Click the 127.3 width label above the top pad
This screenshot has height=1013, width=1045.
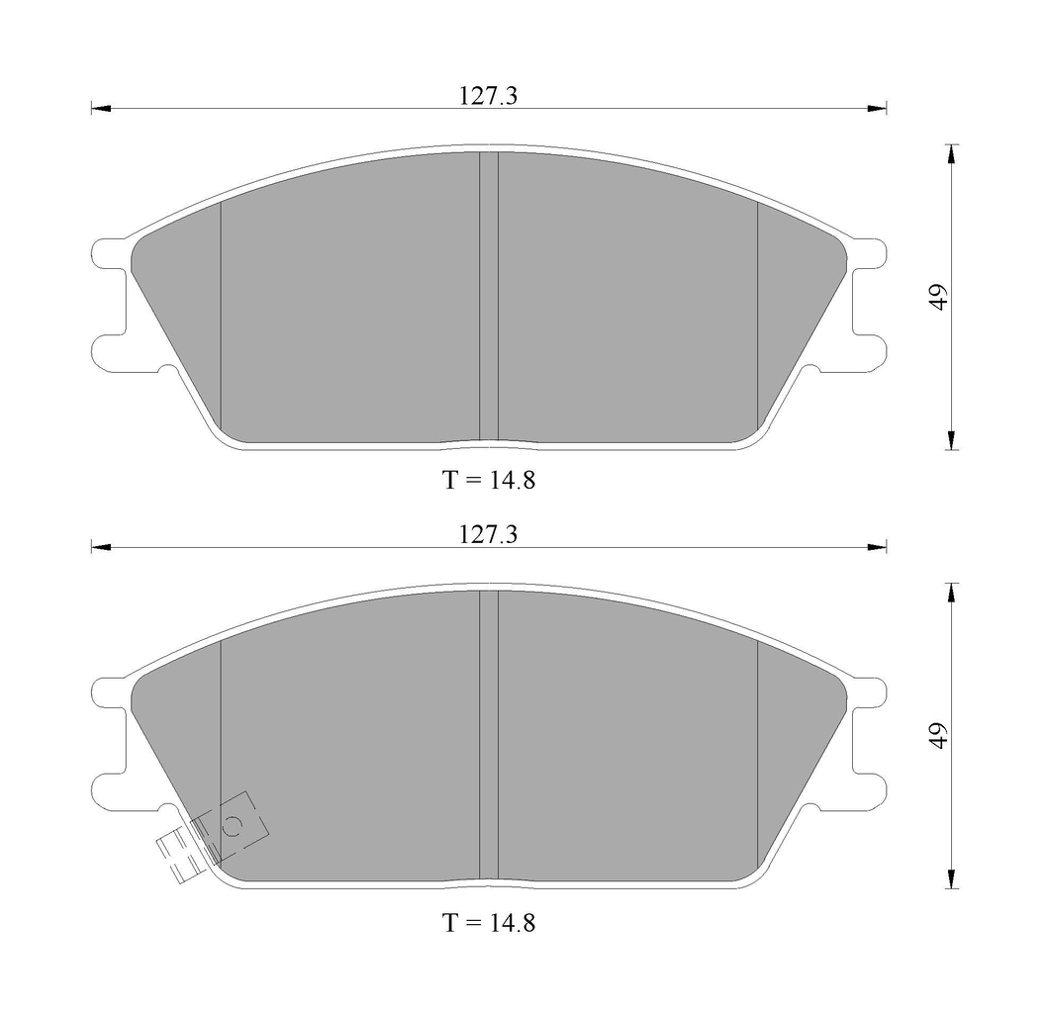point(489,96)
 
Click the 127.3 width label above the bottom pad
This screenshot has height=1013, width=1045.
point(489,534)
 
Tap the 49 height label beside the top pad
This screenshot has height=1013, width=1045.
point(938,297)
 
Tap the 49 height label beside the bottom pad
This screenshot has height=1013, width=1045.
point(938,733)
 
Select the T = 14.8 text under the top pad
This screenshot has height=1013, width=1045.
point(489,480)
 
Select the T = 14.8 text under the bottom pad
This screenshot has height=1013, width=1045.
point(489,923)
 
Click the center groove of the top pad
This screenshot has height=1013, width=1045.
point(488,297)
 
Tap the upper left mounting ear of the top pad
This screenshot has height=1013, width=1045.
point(107,253)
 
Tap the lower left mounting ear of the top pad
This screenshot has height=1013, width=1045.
point(107,351)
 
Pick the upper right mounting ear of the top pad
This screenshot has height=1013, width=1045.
point(870,253)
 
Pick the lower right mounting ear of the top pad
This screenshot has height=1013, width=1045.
point(870,351)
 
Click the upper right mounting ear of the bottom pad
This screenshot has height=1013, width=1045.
point(870,691)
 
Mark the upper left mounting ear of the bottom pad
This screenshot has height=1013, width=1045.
point(107,691)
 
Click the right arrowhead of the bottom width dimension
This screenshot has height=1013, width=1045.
point(878,547)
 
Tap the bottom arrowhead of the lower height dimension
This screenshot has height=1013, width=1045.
point(951,879)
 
